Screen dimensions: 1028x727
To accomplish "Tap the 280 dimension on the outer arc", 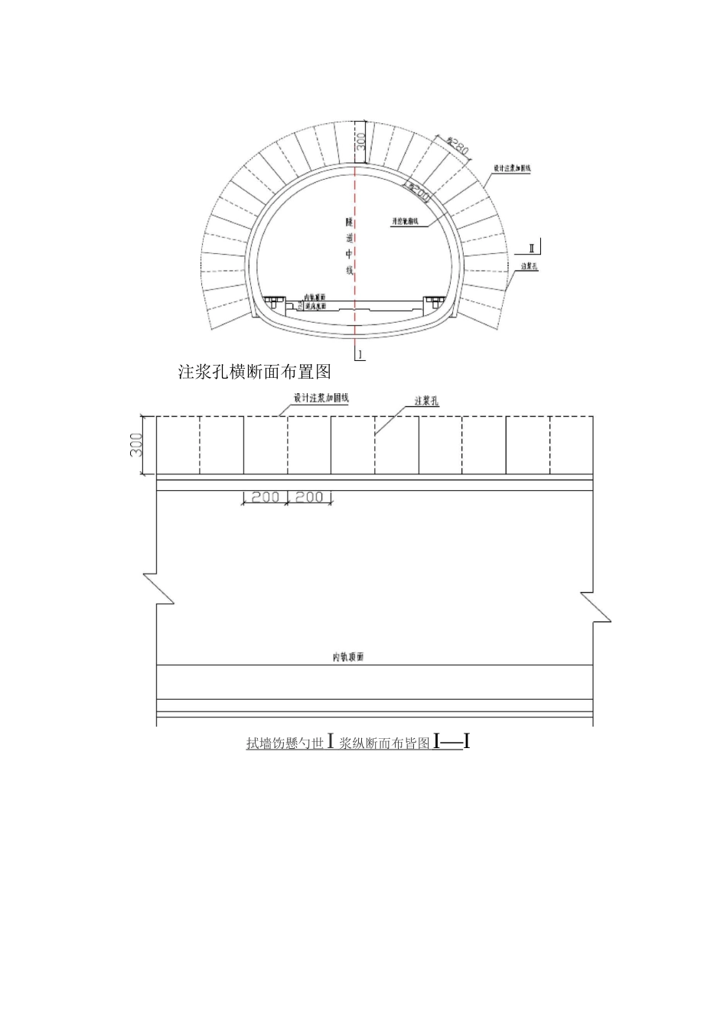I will click(457, 145).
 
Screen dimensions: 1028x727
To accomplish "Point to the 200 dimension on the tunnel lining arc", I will click(418, 191).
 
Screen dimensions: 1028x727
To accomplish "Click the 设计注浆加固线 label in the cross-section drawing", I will click(512, 168).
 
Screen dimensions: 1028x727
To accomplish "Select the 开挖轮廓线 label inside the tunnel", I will click(405, 220).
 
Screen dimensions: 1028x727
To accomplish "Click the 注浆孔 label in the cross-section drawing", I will click(530, 266).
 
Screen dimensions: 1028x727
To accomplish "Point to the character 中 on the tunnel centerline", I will click(349, 253).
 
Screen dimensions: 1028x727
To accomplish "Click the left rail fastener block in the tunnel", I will click(271, 301).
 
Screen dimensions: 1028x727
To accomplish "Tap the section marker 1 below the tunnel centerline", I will click(360, 354).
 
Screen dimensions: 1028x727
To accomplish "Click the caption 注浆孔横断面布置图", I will click(253, 372).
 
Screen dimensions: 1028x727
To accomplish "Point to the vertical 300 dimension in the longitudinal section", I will click(136, 444).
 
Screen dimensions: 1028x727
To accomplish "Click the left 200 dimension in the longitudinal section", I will click(265, 497).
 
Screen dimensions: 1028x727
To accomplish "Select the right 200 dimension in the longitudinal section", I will click(309, 497).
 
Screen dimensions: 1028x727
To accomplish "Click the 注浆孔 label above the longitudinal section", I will click(426, 401).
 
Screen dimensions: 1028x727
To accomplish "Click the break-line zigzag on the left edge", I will click(155, 587).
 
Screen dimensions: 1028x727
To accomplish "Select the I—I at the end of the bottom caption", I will click(451, 741).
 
